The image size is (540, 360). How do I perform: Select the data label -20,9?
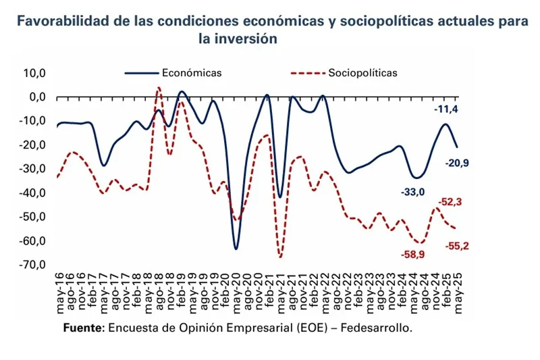(x=456, y=163)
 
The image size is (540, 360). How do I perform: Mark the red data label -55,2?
(x=457, y=247)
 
